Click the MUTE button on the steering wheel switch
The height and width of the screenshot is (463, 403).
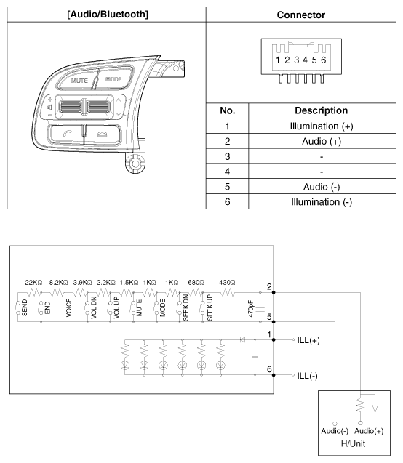point(77,80)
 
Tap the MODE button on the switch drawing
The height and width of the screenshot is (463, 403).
point(114,78)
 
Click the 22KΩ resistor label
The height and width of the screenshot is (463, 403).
point(33,283)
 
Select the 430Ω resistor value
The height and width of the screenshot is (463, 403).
point(227,283)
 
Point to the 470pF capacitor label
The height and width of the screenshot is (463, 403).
point(251,309)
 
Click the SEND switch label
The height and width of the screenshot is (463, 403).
point(25,307)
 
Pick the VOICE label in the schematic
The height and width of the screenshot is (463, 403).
point(69,307)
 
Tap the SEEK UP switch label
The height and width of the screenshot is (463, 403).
point(210,307)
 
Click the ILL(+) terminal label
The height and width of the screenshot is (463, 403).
point(308,340)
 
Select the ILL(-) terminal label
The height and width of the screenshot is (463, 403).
point(307,376)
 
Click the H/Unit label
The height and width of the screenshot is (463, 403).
point(353,443)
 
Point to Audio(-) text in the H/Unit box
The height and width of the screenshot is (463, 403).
point(335,431)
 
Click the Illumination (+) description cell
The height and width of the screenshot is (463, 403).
point(322,126)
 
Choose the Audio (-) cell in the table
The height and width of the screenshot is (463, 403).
point(322,187)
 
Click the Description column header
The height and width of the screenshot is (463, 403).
point(321,110)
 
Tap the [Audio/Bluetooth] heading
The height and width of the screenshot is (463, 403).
point(108,15)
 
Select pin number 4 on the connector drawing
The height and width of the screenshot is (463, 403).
point(305,60)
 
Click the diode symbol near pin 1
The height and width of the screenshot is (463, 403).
point(242,339)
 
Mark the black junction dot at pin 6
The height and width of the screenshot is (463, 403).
point(274,375)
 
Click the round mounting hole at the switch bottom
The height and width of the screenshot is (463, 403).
point(135,164)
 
